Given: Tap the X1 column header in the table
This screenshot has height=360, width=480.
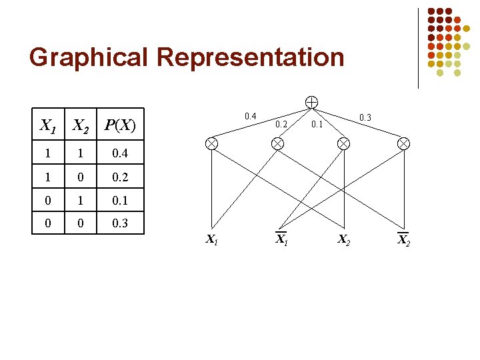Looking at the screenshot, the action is (x=48, y=125).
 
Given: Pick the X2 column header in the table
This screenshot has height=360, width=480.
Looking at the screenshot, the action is (x=81, y=125).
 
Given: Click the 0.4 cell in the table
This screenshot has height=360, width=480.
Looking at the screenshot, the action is (x=120, y=154).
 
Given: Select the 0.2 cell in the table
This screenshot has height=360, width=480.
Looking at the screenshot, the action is (x=120, y=177).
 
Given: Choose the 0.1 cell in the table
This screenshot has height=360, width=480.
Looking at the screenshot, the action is (x=120, y=201).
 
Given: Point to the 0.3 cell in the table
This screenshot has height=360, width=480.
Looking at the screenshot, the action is (x=120, y=223).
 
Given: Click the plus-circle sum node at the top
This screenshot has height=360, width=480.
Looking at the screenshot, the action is (x=311, y=102).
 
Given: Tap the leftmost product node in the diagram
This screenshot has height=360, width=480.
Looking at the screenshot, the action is (x=211, y=143).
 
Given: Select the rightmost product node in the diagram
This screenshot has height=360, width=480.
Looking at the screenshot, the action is (x=403, y=143).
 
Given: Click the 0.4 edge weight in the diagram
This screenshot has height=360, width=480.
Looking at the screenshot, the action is (x=250, y=117).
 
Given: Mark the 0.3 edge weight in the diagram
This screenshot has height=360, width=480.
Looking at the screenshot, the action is (x=365, y=118).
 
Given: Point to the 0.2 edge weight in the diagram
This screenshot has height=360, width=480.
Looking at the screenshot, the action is (x=281, y=124).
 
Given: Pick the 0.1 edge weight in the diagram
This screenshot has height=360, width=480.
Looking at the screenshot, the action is (x=317, y=124).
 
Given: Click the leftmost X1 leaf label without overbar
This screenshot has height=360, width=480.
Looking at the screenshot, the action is (x=211, y=239).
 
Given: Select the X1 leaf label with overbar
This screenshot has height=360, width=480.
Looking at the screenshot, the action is (x=282, y=239).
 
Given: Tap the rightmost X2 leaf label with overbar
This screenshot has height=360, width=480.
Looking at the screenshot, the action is (x=403, y=240).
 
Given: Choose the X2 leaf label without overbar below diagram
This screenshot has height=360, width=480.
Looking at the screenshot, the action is (x=344, y=239).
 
